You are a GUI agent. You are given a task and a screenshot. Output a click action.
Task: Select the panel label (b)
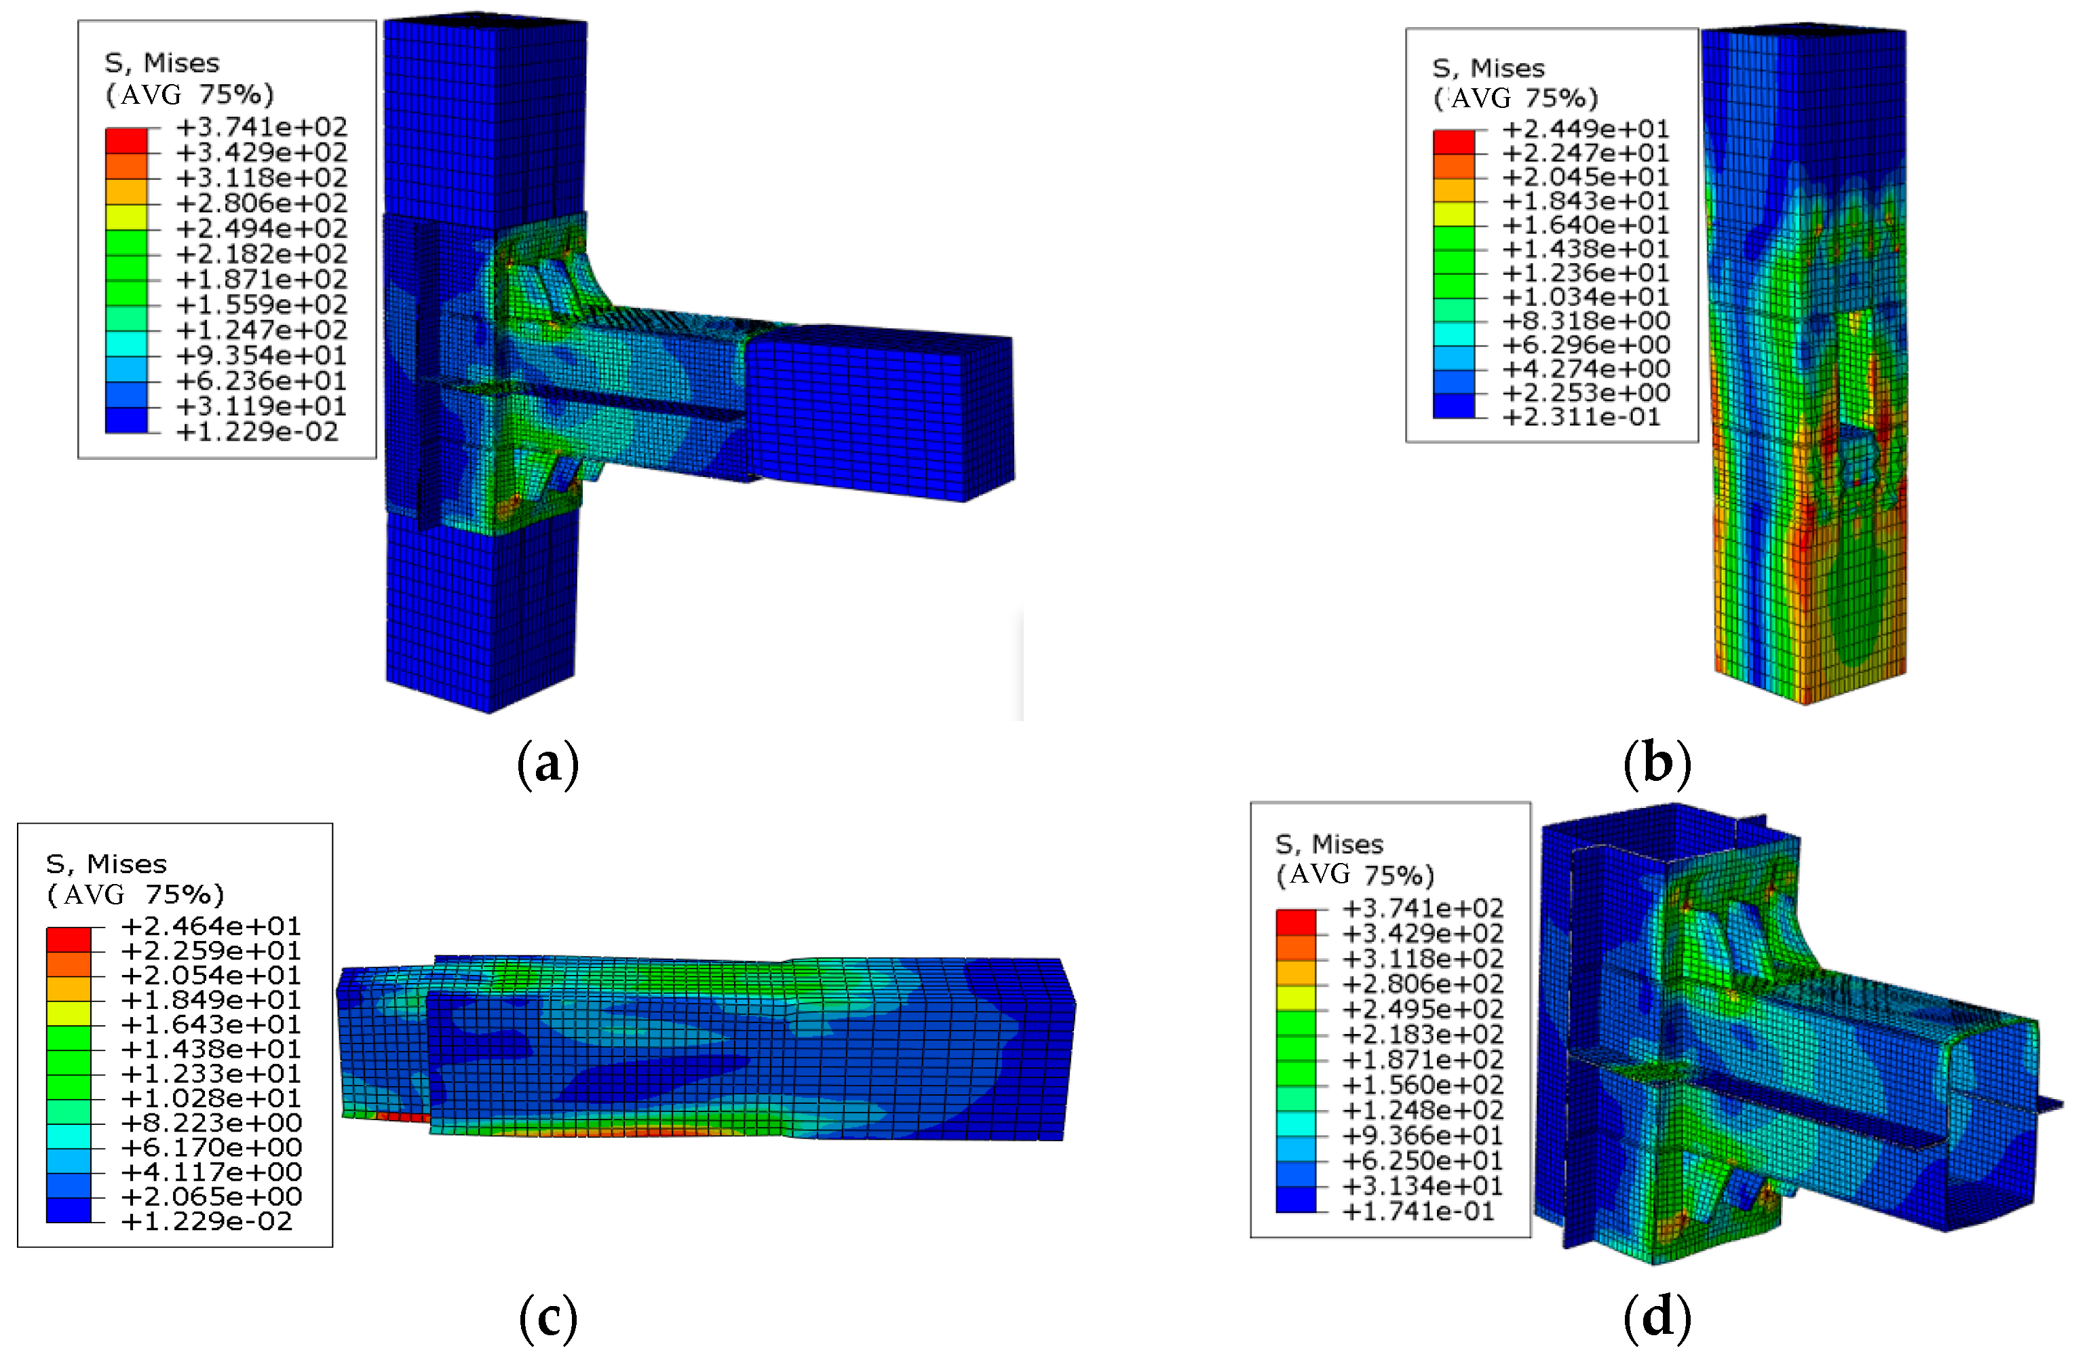coord(1657,763)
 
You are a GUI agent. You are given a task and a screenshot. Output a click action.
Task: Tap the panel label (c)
coord(548,1318)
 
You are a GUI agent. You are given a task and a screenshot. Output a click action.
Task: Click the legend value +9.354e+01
coord(261,356)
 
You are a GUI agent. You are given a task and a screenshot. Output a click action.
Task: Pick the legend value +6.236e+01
coord(261,381)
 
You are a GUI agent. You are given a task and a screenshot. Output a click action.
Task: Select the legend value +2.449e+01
coord(1586,129)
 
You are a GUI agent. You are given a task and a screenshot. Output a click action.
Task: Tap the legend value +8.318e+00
coord(1586,321)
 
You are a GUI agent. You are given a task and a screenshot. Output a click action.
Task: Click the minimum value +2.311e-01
coord(1581,417)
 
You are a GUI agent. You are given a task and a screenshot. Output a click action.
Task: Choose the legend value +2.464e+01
coord(212,925)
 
